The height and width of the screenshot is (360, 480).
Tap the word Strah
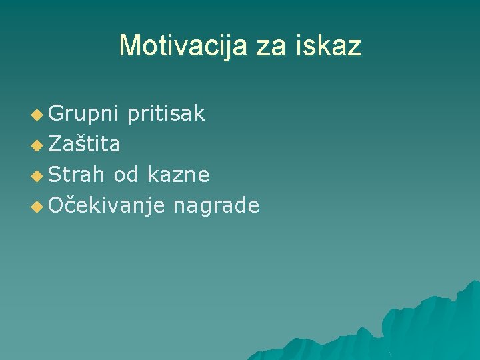click(x=76, y=175)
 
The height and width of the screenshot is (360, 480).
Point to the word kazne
click(x=178, y=175)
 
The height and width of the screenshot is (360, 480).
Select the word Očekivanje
click(x=106, y=205)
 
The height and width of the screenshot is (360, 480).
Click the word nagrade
click(x=216, y=205)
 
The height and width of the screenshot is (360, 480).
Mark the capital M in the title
click(x=129, y=46)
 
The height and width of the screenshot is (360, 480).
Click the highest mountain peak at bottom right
click(x=472, y=283)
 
